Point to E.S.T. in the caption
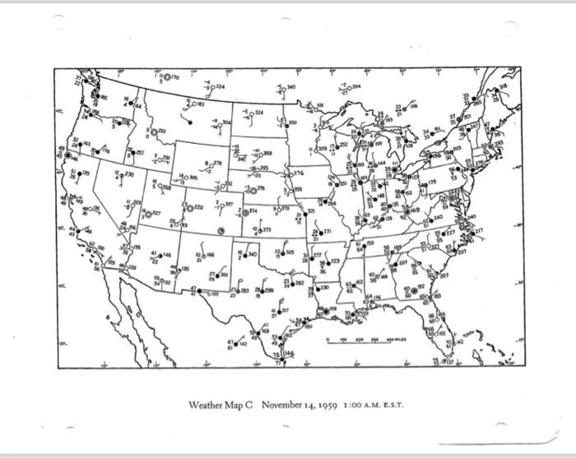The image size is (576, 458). [x=390, y=405]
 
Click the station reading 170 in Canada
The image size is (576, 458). [x=175, y=76]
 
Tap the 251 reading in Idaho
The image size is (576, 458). [x=161, y=132]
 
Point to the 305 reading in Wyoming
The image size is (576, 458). [x=193, y=177]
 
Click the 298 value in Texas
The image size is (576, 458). [x=268, y=290]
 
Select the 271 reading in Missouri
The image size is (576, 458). [x=327, y=232]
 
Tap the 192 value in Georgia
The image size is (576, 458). [x=420, y=287]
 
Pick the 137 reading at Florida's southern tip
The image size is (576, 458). [x=450, y=361]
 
